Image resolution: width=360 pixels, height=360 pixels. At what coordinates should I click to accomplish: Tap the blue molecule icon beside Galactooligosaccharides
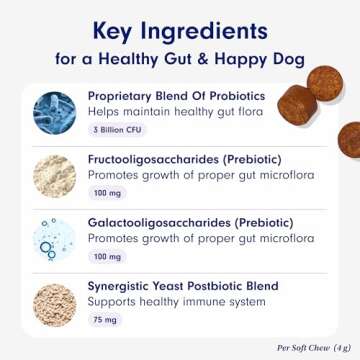click(47, 237)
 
